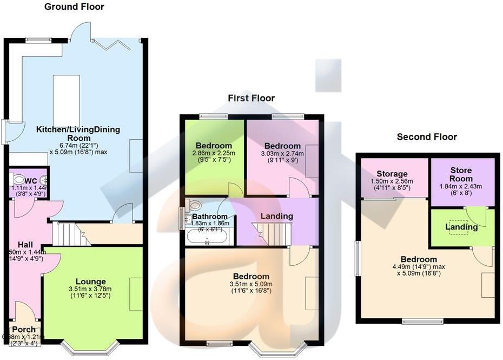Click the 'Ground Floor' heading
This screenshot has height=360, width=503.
[x=74, y=7]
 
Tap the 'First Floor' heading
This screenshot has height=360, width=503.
[x=251, y=98]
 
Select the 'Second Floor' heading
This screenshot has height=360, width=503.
[x=427, y=137]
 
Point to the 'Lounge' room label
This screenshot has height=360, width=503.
[x=90, y=281]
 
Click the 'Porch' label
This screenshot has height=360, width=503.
[x=23, y=329]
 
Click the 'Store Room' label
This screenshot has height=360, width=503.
[x=461, y=174]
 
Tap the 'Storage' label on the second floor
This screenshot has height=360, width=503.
[x=393, y=174]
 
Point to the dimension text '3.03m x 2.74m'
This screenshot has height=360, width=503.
[x=282, y=154]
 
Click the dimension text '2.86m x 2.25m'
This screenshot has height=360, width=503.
[x=214, y=154]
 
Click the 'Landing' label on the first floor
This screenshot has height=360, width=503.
[x=277, y=216]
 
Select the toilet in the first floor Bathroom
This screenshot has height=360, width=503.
[x=194, y=205]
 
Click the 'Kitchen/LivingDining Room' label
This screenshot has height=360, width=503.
[x=78, y=133]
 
